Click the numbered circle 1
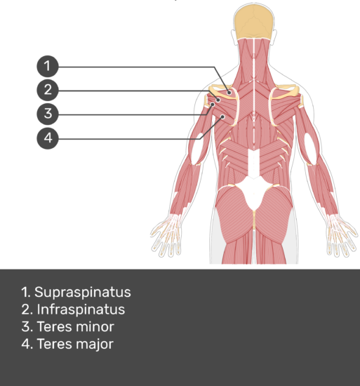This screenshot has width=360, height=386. (x=48, y=66)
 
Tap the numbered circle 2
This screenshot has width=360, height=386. (x=48, y=90)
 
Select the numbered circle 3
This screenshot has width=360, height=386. (x=48, y=114)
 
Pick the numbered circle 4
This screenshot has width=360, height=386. (x=48, y=138)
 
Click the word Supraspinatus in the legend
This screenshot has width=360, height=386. (x=83, y=293)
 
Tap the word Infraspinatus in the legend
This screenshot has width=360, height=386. (x=81, y=310)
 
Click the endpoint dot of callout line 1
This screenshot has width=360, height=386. (x=229, y=93)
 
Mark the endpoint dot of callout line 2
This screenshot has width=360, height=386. (x=218, y=100)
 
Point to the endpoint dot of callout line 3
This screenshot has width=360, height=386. (x=213, y=105)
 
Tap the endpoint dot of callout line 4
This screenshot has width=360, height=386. (x=222, y=117)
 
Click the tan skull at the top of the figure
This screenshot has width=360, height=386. (x=254, y=22)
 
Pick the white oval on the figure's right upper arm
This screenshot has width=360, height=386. (x=311, y=149)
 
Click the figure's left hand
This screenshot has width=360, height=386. (x=166, y=235)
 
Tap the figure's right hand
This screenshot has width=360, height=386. (x=342, y=235)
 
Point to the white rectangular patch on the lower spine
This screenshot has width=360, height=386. (x=254, y=163)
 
